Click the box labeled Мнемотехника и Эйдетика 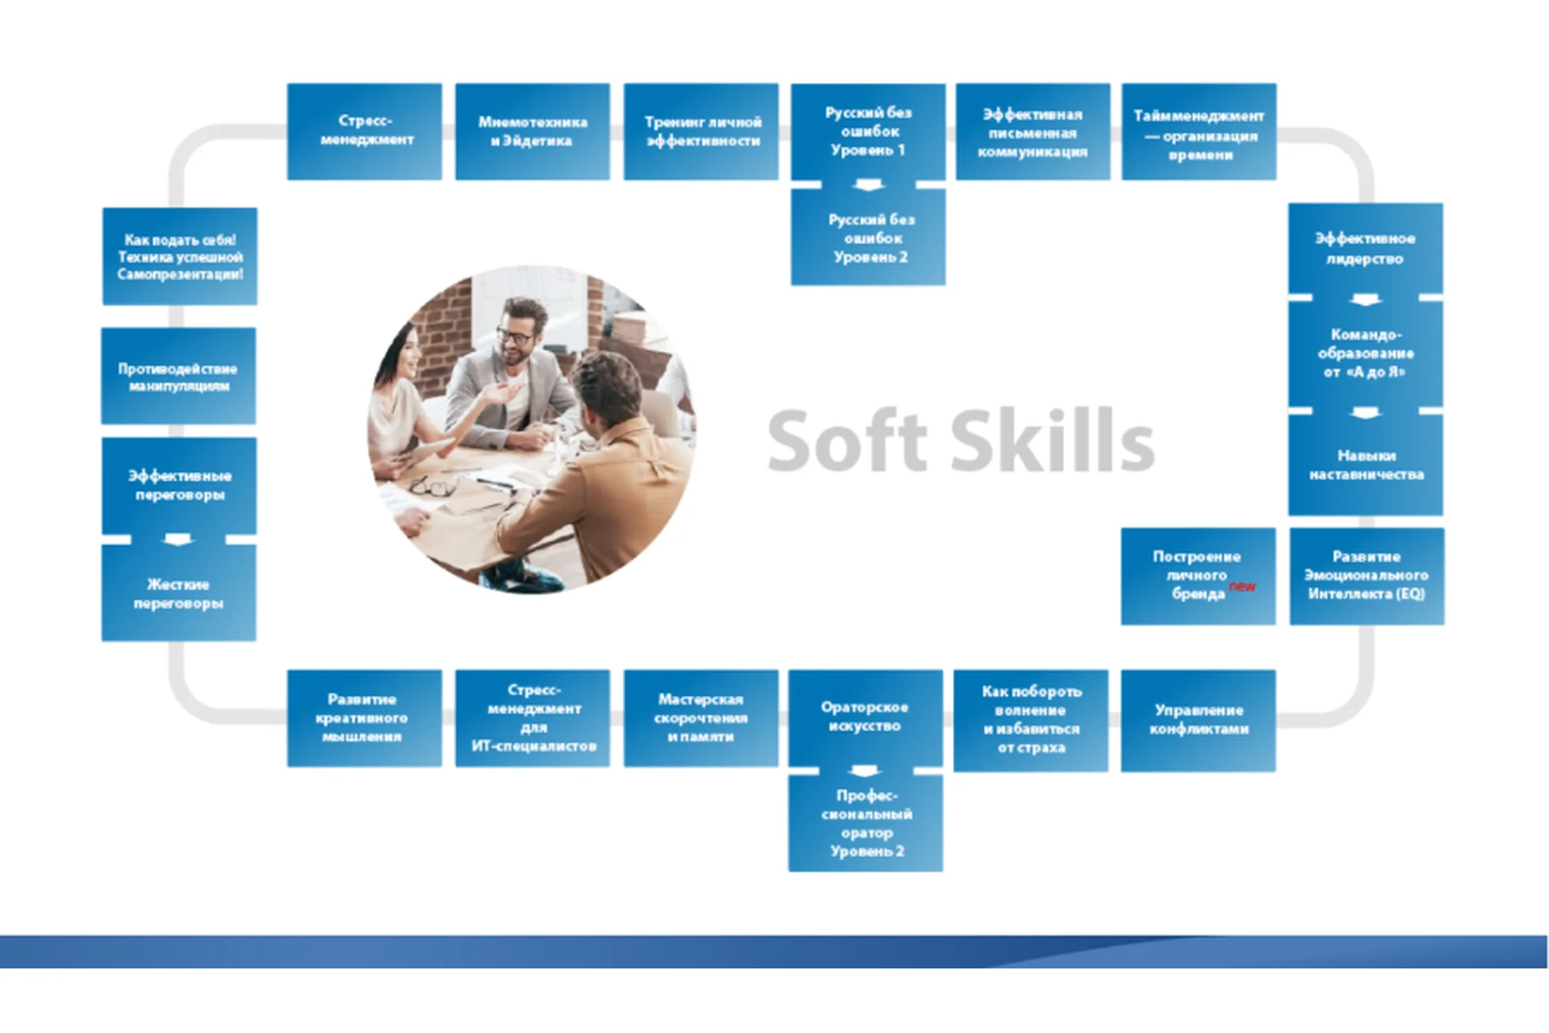pos(532,132)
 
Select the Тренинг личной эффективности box pos(701,132)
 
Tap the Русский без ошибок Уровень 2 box pos(868,237)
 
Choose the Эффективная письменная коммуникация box pos(1033,132)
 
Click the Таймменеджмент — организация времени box pos(1199,132)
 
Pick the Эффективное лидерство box pos(1366,249)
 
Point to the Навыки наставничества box pos(1366,465)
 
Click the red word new pos(1242,586)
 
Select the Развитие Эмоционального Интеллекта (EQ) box pos(1367,576)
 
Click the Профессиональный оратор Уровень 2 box pos(866,824)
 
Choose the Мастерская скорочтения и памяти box pos(701,718)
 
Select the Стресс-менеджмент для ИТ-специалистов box pos(532,718)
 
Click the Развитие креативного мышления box pos(365,718)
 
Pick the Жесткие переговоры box pos(179,593)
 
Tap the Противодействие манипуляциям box pos(178,376)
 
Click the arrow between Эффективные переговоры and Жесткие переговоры pos(178,539)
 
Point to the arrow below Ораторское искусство pos(865,771)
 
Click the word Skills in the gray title pos(1053,441)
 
